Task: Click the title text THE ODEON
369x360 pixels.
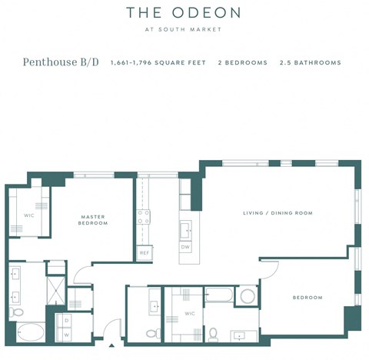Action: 184,12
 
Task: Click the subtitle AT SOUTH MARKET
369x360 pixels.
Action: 184,30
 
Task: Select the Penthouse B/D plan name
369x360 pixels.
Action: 60,62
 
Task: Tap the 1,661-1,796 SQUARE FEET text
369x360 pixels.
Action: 158,62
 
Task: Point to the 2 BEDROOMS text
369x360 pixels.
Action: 242,62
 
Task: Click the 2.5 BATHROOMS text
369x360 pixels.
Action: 310,62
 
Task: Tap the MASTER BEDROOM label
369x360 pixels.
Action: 93,220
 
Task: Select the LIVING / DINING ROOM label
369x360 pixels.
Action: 278,213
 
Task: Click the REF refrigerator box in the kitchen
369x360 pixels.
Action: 143,252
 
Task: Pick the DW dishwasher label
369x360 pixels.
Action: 184,247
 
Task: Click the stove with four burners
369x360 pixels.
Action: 143,216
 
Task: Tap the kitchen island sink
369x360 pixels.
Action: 185,229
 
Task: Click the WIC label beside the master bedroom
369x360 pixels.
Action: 28,215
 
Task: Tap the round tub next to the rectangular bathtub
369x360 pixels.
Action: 247,296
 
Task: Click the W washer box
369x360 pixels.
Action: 67,335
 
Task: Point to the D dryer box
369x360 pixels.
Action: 67,319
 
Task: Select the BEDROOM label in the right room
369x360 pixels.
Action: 307,297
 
